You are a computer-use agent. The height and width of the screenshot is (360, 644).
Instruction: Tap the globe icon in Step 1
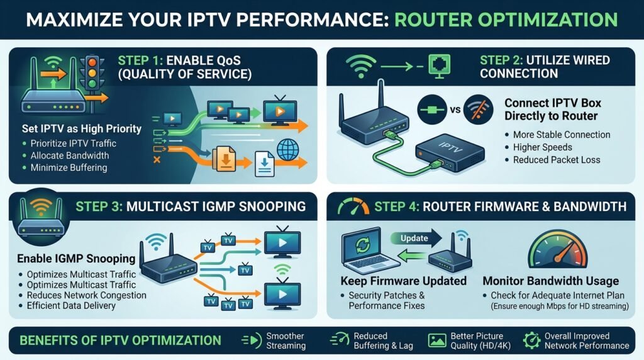point(287,150)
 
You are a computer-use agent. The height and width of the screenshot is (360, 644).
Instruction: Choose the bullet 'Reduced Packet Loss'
point(557,160)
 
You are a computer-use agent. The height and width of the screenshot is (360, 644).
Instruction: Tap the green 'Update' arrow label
point(415,238)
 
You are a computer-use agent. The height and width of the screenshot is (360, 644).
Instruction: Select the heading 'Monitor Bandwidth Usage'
point(550,281)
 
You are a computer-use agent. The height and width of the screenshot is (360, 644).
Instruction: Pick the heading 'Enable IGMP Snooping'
point(67,259)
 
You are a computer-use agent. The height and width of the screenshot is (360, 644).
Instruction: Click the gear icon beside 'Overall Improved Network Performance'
point(531,340)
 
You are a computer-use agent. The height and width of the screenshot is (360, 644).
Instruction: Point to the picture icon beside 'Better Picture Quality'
point(437,340)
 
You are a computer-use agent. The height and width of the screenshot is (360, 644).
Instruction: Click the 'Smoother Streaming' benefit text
point(286,340)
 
